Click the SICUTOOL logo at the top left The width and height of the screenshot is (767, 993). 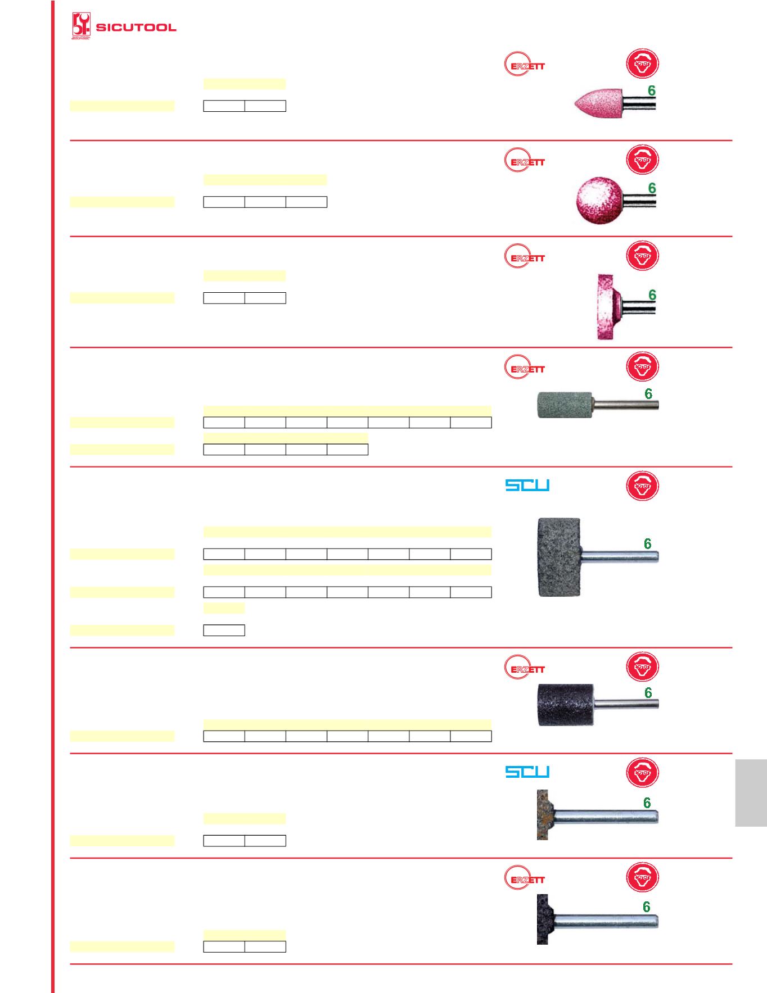coord(124,26)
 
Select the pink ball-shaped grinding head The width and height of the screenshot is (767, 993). coord(600,200)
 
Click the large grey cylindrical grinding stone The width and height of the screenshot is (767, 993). coord(559,557)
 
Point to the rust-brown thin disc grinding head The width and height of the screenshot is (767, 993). coord(543,815)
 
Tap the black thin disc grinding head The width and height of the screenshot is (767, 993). coord(543,919)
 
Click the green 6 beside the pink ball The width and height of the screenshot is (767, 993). coord(652,188)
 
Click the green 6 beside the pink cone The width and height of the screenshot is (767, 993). coord(652,90)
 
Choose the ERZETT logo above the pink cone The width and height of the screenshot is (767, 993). coord(525,65)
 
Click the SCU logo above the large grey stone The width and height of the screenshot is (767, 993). coord(527,485)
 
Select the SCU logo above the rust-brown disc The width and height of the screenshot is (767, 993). coord(527,772)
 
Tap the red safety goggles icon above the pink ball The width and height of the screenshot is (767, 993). coord(642,160)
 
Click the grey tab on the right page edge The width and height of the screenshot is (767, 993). coord(751,793)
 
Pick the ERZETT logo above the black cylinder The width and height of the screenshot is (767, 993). coord(525,669)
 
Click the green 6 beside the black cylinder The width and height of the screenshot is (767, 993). coord(648,693)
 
